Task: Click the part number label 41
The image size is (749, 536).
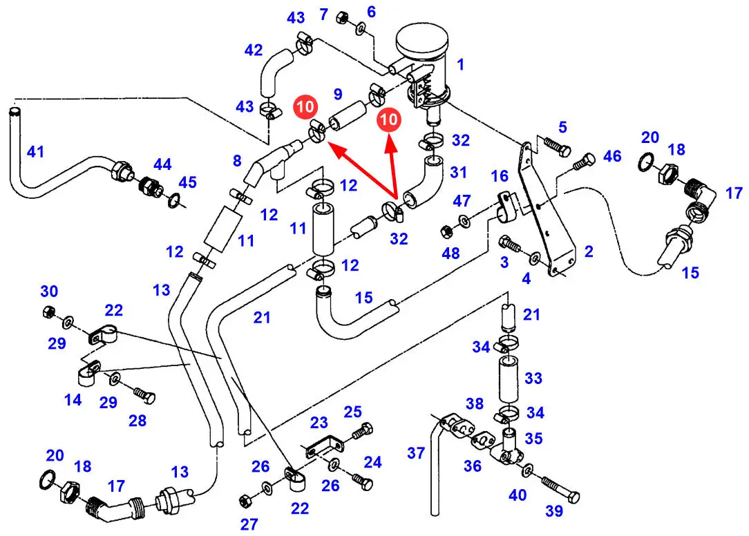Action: tap(35, 152)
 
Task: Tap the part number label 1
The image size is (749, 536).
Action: tap(460, 64)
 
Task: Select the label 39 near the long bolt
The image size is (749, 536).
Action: tap(554, 511)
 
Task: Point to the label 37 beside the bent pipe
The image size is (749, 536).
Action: tap(415, 453)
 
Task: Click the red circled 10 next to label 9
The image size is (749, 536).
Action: tap(305, 106)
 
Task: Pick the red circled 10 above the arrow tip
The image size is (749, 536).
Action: tap(389, 119)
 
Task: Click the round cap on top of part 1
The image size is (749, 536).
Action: tap(422, 40)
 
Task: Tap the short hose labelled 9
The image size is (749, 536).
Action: tap(348, 115)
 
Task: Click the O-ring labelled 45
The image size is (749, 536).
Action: tap(174, 200)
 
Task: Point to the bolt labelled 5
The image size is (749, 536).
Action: tap(556, 146)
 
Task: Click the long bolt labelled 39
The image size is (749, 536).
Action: tap(560, 488)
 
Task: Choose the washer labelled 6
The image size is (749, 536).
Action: tap(361, 28)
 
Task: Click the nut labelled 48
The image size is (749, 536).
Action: tap(446, 232)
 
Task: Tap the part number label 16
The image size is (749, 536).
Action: tap(500, 176)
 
